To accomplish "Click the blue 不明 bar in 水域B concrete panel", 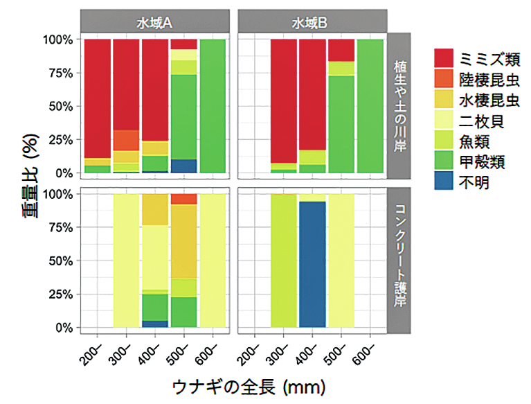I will (x=312, y=264).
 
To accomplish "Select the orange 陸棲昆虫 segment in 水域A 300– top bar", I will (x=126, y=140).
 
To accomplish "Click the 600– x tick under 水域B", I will (x=368, y=347).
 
